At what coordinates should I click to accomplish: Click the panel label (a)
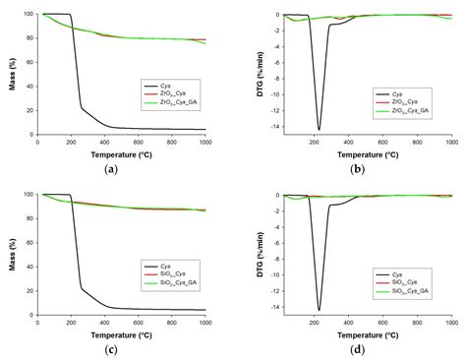(x=122, y=168)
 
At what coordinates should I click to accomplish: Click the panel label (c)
(x=122, y=349)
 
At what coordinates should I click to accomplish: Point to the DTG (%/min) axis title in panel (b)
(x=243, y=72)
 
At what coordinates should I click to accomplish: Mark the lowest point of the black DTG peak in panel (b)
(x=319, y=130)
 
